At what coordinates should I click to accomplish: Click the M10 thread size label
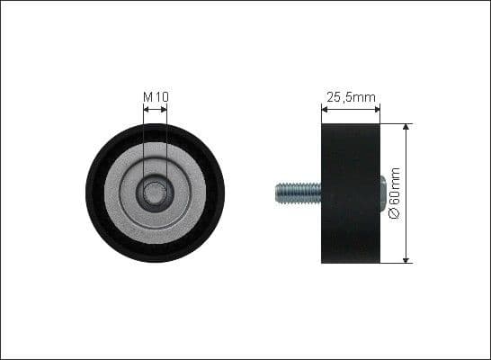tap(156, 96)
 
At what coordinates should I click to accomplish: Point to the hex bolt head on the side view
tap(384, 192)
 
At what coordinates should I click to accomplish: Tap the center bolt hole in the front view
tap(156, 193)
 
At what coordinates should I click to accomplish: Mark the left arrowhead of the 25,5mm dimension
tap(326, 112)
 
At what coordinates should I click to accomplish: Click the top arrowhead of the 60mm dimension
tap(406, 128)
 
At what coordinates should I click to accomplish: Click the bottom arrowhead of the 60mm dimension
tap(406, 259)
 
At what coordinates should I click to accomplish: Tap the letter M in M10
tap(147, 96)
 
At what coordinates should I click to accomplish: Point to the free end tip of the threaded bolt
tap(276, 192)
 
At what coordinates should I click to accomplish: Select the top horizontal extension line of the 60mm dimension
tap(396, 123)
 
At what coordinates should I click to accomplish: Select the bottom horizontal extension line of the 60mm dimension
tap(396, 264)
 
